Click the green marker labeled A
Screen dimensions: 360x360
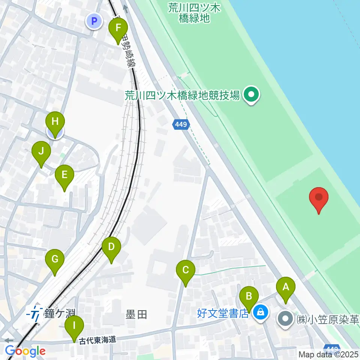coord(286,287)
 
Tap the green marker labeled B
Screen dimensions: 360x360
coord(249,296)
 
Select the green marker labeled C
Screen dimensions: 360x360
coord(186,270)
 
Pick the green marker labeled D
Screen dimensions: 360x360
coord(111,247)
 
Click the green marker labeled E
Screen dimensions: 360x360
coord(64,175)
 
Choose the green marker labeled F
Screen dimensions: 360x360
coord(118,28)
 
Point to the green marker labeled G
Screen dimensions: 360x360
coord(55,259)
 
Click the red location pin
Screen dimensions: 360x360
coord(319,198)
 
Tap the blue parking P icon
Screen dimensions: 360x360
coord(94,21)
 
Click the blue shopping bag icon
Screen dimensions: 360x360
coord(260,312)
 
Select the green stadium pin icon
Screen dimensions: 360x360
coord(251,94)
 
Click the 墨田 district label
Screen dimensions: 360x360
coord(136,314)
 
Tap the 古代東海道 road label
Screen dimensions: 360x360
coord(98,340)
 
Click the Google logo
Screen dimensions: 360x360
coord(25,351)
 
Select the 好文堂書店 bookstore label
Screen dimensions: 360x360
coord(223,313)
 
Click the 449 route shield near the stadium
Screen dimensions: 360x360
coord(181,124)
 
